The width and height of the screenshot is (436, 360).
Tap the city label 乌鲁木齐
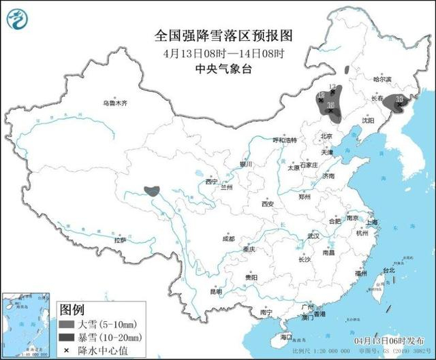coord(115,103)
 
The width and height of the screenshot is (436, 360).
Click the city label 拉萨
coord(120,240)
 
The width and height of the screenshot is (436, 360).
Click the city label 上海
coord(372,223)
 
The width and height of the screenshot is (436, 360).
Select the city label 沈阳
coord(369,120)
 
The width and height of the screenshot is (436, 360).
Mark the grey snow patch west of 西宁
coord(152,191)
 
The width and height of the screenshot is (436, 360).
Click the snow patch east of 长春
coord(394,102)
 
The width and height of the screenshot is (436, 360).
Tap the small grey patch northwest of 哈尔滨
coord(347,69)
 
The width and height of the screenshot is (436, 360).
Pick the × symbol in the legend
coord(68,350)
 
